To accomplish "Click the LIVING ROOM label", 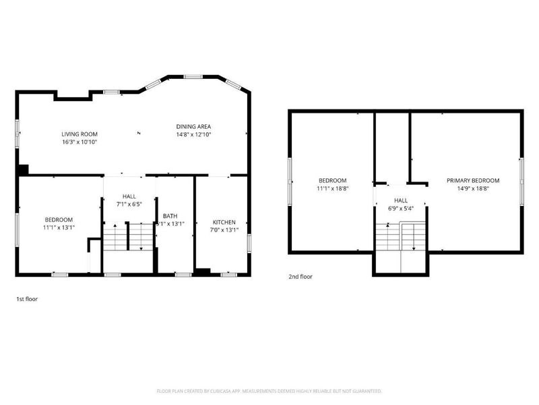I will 80,134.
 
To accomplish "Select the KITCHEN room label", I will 224,222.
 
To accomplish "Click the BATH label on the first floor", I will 170,216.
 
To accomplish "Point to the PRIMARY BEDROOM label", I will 473,180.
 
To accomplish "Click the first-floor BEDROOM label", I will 59,219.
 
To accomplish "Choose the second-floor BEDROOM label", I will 332,180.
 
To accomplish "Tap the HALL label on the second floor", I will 401,200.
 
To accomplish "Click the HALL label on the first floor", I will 129,196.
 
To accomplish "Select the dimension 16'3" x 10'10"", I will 80,142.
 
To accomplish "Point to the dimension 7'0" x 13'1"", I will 224,230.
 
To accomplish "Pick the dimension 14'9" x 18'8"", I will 473,189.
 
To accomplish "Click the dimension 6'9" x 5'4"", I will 401,209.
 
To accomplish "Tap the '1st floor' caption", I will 27,298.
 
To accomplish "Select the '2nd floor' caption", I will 300,276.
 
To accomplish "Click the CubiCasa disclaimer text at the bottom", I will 269,391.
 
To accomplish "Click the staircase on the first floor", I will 128,238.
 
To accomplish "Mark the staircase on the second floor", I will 401,238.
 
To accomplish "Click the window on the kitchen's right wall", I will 249,242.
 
